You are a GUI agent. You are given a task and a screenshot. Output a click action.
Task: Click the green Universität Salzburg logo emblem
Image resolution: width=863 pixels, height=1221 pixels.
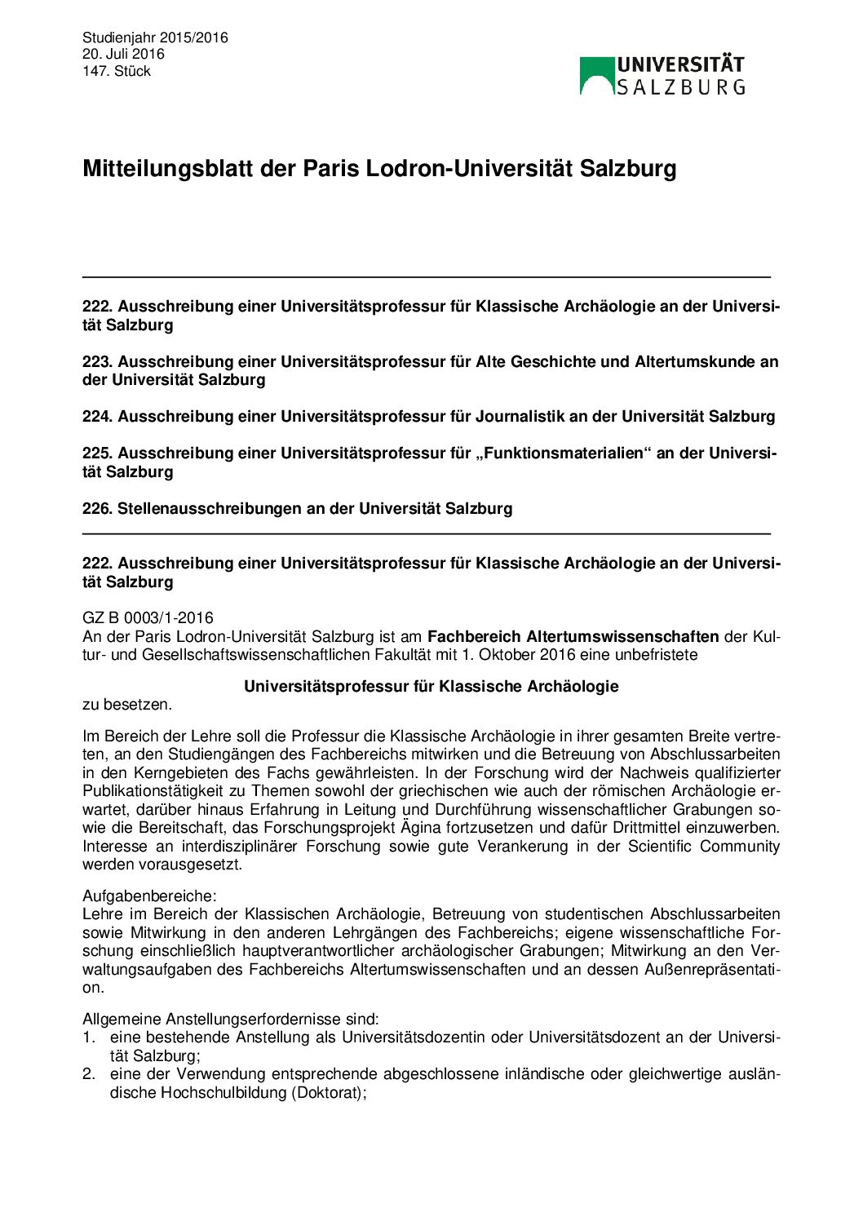click(x=597, y=76)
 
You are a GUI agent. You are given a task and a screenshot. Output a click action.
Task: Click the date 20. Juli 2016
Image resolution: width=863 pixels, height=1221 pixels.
click(x=123, y=54)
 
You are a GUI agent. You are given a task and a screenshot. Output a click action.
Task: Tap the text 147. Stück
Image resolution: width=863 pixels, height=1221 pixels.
click(x=117, y=71)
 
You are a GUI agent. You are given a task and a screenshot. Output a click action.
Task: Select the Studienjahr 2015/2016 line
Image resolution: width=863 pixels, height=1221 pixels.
click(x=155, y=38)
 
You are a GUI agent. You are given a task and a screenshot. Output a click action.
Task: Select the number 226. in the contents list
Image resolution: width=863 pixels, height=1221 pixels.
click(x=97, y=509)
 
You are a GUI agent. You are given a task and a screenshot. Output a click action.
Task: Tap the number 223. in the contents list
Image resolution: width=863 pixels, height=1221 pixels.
click(x=97, y=362)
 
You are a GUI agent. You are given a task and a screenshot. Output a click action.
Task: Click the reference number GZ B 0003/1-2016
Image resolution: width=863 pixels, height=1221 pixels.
click(x=148, y=618)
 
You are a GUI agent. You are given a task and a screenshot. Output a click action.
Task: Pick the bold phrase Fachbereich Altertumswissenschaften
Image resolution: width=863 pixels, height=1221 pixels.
click(x=573, y=636)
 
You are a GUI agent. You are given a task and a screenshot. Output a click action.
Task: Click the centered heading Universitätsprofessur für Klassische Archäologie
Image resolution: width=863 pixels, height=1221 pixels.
click(x=431, y=687)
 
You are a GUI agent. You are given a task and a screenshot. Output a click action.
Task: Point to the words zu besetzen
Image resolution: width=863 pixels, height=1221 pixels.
click(x=127, y=704)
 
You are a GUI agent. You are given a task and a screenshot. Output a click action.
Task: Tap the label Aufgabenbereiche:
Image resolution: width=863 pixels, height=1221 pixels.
click(x=149, y=896)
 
